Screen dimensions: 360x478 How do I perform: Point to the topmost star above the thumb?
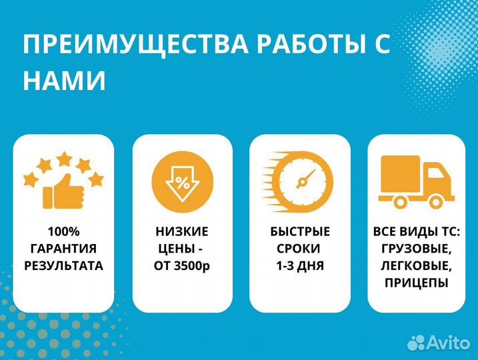pyautogui.click(x=64, y=158)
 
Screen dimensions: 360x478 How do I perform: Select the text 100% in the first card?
pyautogui.click(x=64, y=231)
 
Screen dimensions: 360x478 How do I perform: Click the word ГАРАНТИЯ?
pyautogui.click(x=64, y=249)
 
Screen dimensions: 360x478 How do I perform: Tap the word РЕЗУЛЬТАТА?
pyautogui.click(x=64, y=265)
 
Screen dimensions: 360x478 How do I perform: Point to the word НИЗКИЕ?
pyautogui.click(x=182, y=231)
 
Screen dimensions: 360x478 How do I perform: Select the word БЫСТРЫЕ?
pyautogui.click(x=300, y=231)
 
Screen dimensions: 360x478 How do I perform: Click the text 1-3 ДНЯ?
pyautogui.click(x=300, y=265)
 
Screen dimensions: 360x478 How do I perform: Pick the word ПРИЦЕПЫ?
pyautogui.click(x=416, y=283)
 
